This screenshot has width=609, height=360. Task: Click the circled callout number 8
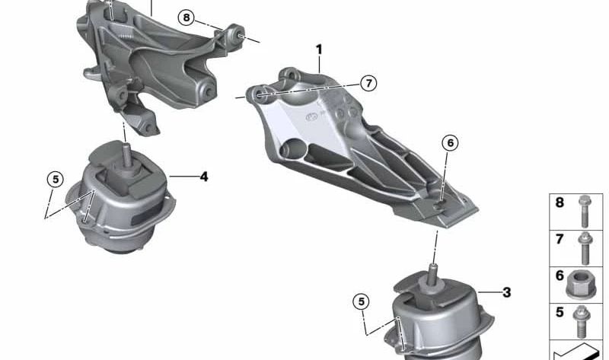[186, 18]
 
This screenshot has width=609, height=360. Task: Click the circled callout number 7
[368, 83]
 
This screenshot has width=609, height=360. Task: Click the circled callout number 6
[450, 143]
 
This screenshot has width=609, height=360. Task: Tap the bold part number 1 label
[319, 49]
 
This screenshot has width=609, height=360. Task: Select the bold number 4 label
[204, 177]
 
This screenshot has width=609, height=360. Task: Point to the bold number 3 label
[506, 292]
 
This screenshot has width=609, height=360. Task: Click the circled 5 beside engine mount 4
[55, 180]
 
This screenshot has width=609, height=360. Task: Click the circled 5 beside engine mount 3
[361, 301]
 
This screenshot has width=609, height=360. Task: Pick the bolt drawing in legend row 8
[583, 211]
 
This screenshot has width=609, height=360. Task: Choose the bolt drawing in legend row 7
[584, 248]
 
